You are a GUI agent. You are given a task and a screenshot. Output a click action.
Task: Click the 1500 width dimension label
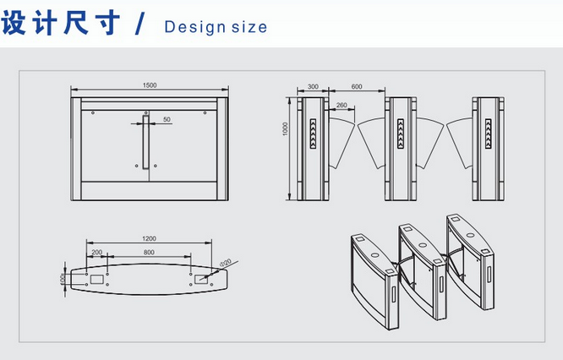coord(150,85)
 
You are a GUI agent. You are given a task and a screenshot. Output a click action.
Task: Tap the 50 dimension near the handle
coord(167,119)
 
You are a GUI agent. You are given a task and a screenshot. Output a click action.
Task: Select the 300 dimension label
coord(313,86)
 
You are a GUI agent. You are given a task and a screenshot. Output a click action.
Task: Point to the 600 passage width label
coord(357,86)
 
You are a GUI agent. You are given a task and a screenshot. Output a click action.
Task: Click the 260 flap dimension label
coord(342,105)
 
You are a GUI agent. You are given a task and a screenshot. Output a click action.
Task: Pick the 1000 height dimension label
coord(286,128)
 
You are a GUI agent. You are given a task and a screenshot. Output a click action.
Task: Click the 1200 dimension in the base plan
coord(149,238)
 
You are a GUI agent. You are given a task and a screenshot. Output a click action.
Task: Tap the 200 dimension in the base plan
coord(97,252)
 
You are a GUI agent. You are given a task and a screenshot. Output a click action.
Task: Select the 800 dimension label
coord(149,252)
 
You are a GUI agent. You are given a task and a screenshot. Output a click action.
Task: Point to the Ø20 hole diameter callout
coord(226,263)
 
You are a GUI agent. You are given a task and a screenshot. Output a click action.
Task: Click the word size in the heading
coord(249,27)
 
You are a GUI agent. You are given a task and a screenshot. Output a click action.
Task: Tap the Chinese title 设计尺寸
coord(61,22)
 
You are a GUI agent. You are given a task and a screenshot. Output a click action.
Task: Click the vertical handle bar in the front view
coord(145,141)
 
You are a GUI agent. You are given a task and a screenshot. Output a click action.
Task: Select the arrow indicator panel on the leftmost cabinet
coord(313,134)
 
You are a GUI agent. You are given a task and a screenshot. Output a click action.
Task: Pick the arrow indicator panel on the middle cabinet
coord(401,134)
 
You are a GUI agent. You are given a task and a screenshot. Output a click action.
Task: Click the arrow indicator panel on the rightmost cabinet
coord(489,134)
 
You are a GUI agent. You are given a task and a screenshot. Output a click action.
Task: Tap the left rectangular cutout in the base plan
coord(96,279)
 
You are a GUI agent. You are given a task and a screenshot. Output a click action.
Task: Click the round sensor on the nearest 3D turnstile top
coord(374,255)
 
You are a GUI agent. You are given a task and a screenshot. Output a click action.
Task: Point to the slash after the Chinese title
coord(140,24)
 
